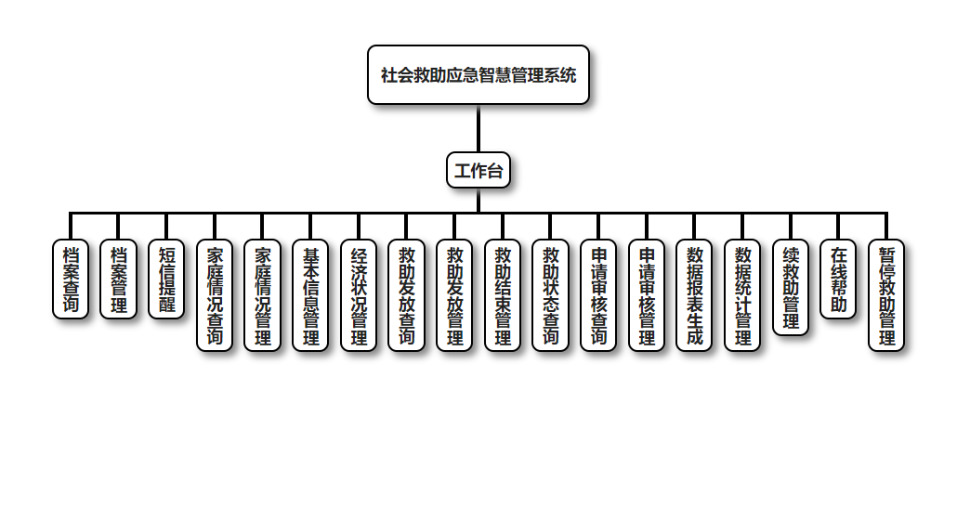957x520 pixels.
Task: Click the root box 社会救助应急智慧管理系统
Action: coord(478,75)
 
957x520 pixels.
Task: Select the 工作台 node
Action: coord(478,170)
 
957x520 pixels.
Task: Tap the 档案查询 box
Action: coord(71,279)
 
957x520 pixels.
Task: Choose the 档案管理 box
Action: coord(118,279)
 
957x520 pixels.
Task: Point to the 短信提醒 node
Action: coord(166,279)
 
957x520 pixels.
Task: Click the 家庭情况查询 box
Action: coord(215,295)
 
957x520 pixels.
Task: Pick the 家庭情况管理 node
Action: coord(262,295)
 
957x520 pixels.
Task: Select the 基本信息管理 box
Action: coord(310,295)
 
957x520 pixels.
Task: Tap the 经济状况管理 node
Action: coord(359,295)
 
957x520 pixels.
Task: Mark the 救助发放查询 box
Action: coord(406,295)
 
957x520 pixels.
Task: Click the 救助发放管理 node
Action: coord(454,295)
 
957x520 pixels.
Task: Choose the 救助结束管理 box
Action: coord(503,295)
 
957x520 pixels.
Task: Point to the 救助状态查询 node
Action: coord(550,295)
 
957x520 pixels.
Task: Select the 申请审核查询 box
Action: coord(598,295)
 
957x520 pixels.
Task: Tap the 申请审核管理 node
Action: coord(647,295)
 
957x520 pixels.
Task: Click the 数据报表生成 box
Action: coord(694,295)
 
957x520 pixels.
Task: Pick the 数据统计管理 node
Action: coord(742,295)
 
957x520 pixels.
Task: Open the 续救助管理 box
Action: coord(791,287)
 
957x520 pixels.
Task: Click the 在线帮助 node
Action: coord(838,279)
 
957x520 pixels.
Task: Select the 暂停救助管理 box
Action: coord(886,295)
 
